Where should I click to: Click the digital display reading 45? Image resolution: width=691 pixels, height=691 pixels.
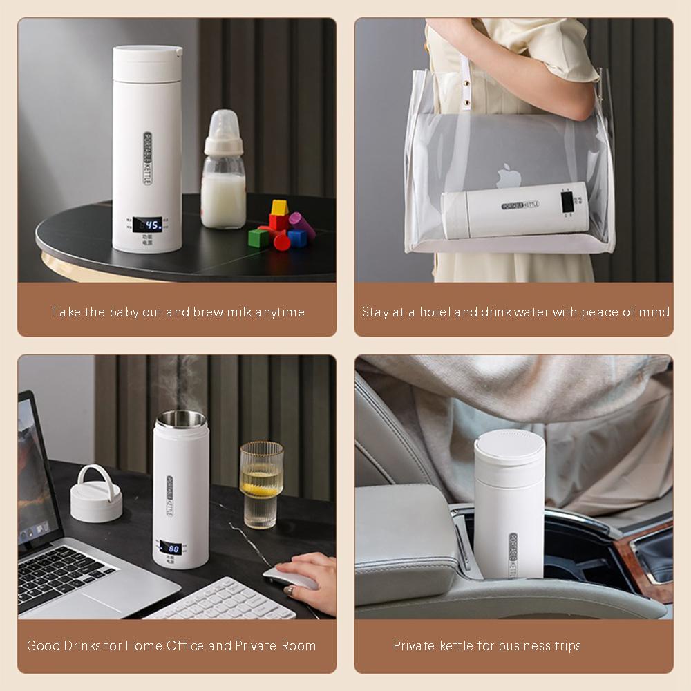tap(147, 224)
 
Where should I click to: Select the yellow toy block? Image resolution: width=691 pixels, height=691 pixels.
tap(278, 207)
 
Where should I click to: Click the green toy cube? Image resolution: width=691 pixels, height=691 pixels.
tap(258, 238)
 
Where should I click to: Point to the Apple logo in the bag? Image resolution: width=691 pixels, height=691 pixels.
tap(509, 176)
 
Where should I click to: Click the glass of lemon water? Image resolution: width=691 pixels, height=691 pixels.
tap(261, 484)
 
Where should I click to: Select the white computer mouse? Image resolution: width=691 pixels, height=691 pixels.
tap(291, 578)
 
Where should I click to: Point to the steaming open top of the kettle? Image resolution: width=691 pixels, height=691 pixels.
tap(181, 418)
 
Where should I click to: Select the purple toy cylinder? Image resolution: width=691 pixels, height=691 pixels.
tap(303, 225)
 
